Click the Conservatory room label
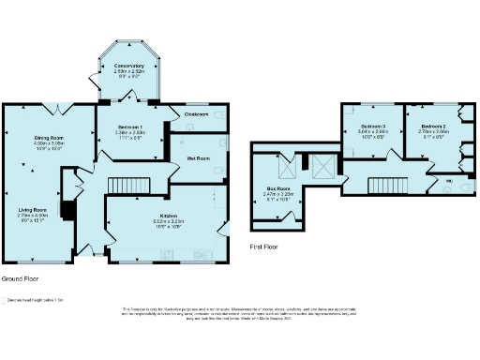tap(129, 66)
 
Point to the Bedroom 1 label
tap(129, 127)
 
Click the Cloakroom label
tap(195, 113)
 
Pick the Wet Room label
tap(196, 158)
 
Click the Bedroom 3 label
tap(372, 126)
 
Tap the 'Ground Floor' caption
tap(20, 279)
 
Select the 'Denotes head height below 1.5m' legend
tap(36, 300)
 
